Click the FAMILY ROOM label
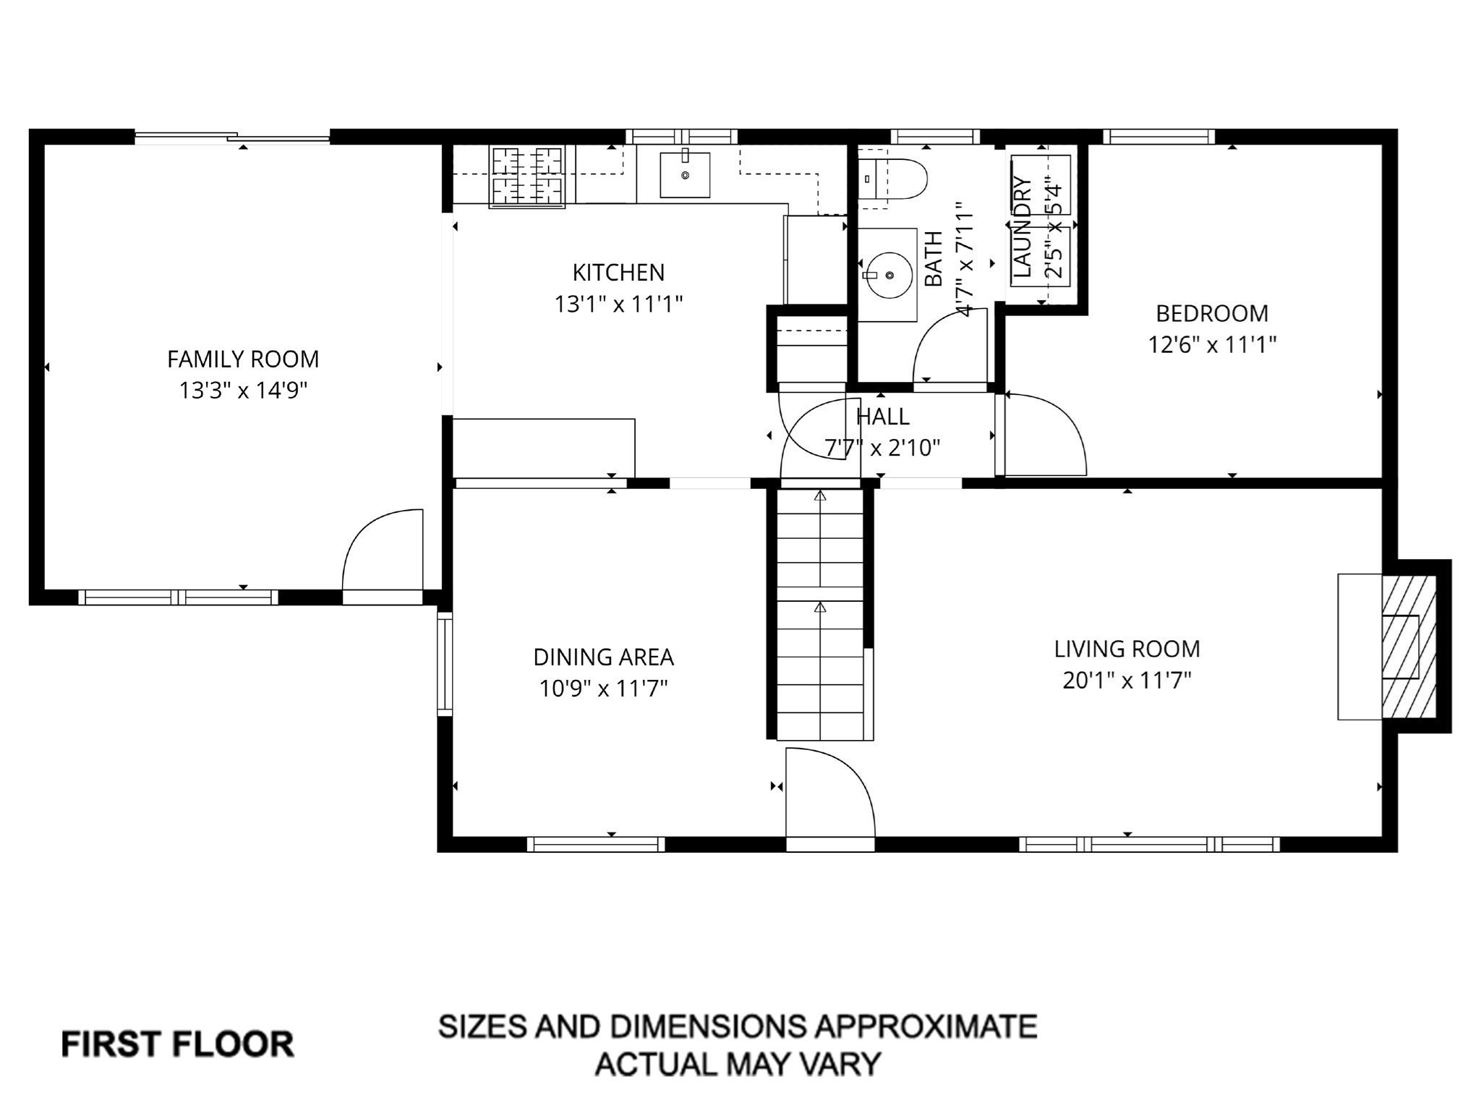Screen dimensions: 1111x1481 (243, 359)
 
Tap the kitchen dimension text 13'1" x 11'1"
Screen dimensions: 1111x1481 (618, 305)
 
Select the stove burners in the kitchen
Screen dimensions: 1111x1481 (526, 176)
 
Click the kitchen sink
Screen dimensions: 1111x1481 (684, 175)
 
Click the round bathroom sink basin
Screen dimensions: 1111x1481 (889, 276)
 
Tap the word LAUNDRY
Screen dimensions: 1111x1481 (1021, 226)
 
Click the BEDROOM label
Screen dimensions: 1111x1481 (1212, 313)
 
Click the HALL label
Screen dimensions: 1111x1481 (882, 417)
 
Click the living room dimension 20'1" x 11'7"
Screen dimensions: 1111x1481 (1127, 681)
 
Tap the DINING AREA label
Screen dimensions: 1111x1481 (603, 657)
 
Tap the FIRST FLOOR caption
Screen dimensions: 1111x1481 (178, 1044)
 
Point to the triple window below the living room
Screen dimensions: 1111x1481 (1149, 843)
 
